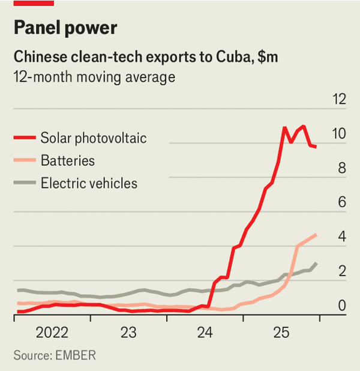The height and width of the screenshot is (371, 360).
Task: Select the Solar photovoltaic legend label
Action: click(x=94, y=138)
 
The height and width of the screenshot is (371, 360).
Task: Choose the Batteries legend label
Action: click(x=68, y=160)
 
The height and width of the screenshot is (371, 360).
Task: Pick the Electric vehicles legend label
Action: click(x=89, y=183)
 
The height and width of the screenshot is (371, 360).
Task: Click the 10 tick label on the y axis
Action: click(x=340, y=134)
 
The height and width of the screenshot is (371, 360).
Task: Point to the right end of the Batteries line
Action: click(x=316, y=235)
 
